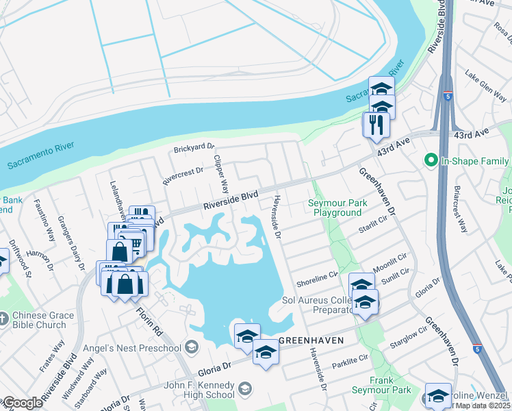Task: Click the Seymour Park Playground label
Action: click(x=337, y=208)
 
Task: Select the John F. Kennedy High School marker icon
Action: click(x=244, y=390)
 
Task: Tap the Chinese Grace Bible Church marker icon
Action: click(x=5, y=317)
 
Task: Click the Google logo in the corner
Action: click(x=22, y=403)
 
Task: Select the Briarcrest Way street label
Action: click(x=460, y=209)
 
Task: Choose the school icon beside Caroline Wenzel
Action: click(x=438, y=395)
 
